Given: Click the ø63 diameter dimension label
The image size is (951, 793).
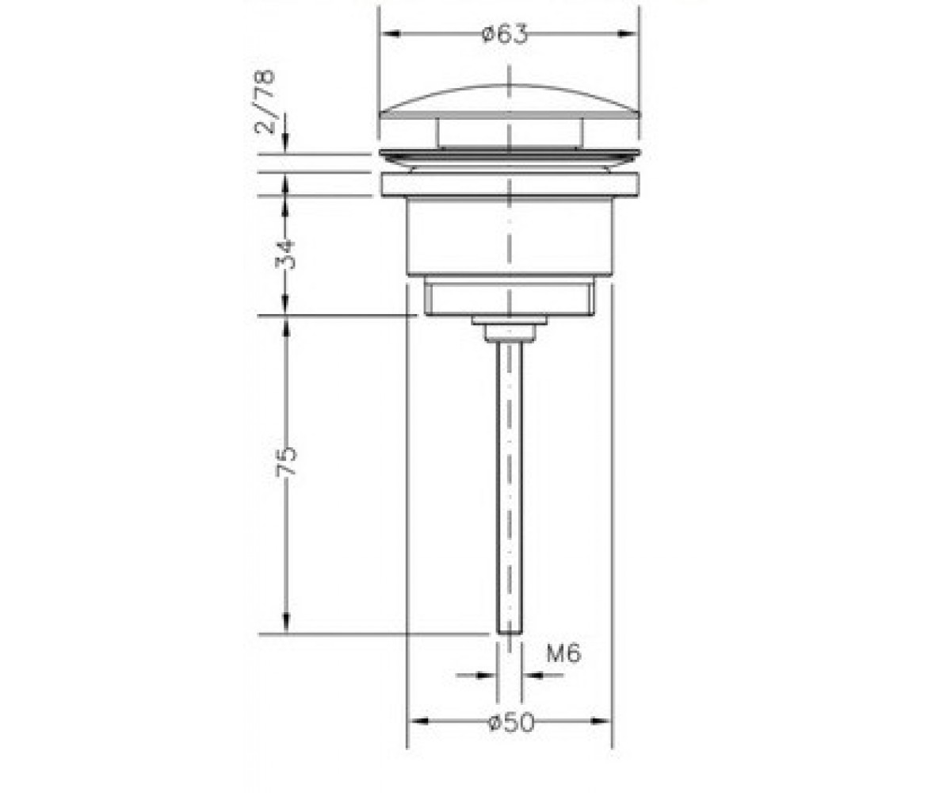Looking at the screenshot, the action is point(505,34).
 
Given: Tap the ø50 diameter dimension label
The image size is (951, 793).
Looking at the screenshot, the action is point(511,722).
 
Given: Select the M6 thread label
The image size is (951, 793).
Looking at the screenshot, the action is point(563,653).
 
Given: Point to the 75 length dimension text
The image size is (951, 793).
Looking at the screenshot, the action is point(286,461).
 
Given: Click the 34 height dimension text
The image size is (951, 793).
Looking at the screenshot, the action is point(286,255).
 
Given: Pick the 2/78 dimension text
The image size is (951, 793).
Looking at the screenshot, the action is point(265,102).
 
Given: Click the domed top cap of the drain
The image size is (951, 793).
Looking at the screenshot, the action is point(510,102).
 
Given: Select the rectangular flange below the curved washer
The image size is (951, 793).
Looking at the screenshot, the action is point(510,185).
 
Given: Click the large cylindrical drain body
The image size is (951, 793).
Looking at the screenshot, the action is point(510,236).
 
